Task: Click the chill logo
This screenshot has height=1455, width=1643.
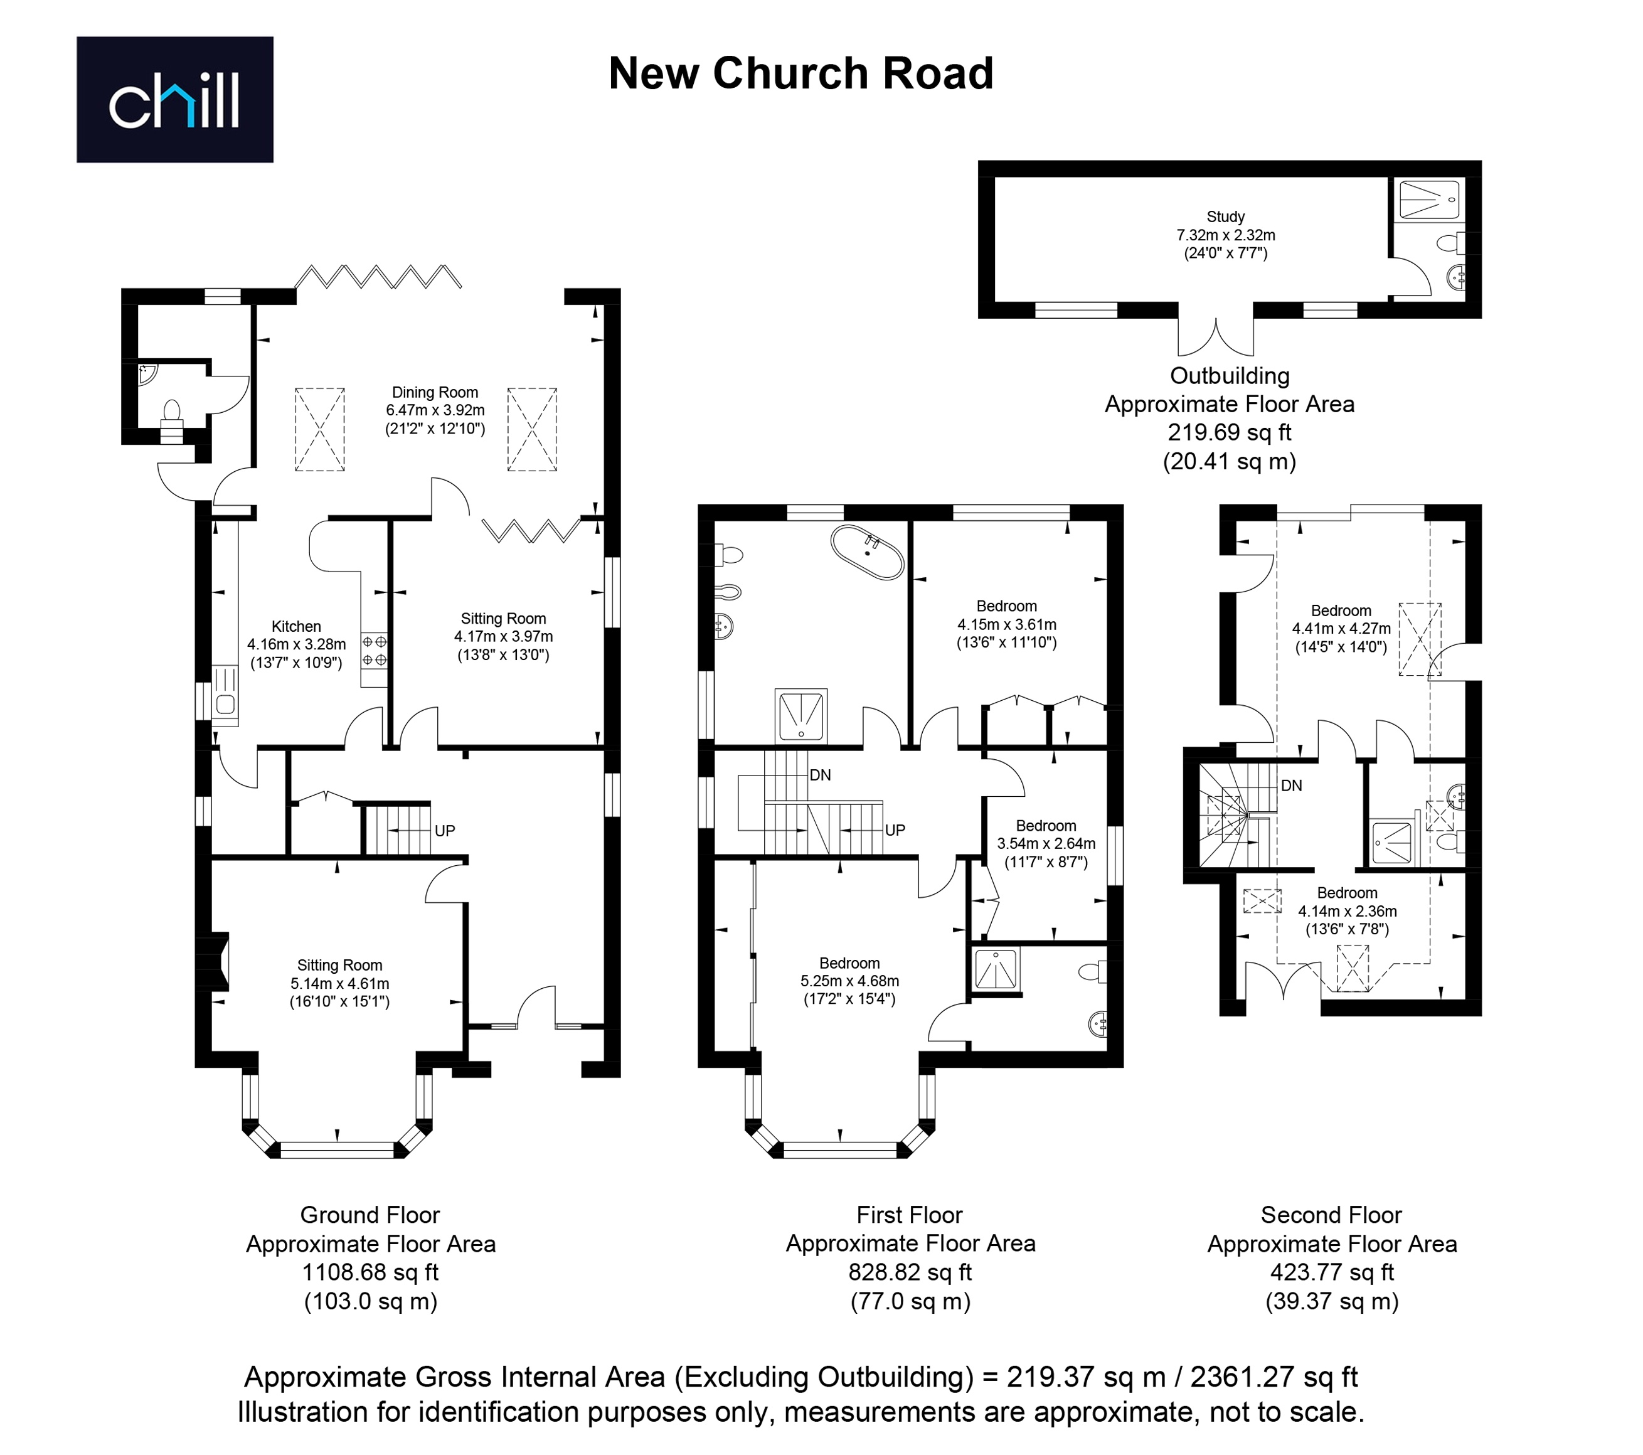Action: click(x=174, y=100)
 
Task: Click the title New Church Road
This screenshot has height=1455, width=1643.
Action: click(x=800, y=73)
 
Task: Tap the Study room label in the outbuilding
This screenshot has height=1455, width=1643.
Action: click(x=1226, y=216)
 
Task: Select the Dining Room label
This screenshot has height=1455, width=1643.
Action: click(x=435, y=392)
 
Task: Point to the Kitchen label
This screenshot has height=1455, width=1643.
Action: click(x=296, y=626)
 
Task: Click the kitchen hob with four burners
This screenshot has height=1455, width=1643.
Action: click(x=375, y=651)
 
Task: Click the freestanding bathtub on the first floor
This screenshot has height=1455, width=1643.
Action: click(x=868, y=552)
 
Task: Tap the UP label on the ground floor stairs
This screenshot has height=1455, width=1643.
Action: click(x=445, y=830)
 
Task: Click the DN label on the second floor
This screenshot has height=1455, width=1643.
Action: click(x=1291, y=786)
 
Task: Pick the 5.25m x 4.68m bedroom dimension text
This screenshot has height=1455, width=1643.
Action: click(x=849, y=981)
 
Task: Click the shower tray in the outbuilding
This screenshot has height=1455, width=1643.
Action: click(x=1429, y=200)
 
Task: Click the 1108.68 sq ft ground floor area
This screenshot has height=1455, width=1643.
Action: click(x=371, y=1272)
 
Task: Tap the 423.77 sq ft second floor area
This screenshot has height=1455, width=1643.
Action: click(x=1332, y=1272)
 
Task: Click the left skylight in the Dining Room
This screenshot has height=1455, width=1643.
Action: click(x=320, y=429)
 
